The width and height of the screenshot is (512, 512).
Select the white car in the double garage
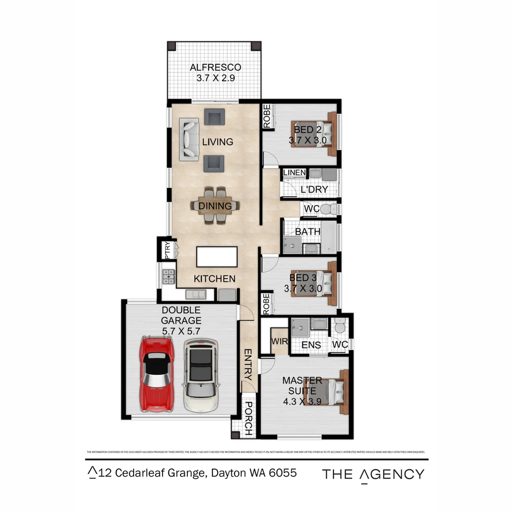(201, 375)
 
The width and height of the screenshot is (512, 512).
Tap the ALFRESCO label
(215, 67)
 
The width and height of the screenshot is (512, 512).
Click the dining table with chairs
(215, 206)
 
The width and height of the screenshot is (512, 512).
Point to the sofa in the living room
(189, 139)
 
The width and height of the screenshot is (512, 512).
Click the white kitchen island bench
(217, 257)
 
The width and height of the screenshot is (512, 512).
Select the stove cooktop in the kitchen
(169, 276)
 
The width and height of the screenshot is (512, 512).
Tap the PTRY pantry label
(167, 251)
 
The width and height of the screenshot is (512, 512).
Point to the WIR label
(277, 342)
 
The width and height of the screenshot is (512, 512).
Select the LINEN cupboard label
(294, 173)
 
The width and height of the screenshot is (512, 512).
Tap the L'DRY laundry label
(314, 190)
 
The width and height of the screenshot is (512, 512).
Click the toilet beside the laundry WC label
(326, 209)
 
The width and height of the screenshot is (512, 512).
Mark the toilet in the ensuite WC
(339, 327)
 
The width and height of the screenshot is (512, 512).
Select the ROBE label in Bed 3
(266, 303)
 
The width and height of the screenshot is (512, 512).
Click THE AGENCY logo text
(373, 474)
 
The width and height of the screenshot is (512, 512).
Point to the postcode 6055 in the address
(283, 473)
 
